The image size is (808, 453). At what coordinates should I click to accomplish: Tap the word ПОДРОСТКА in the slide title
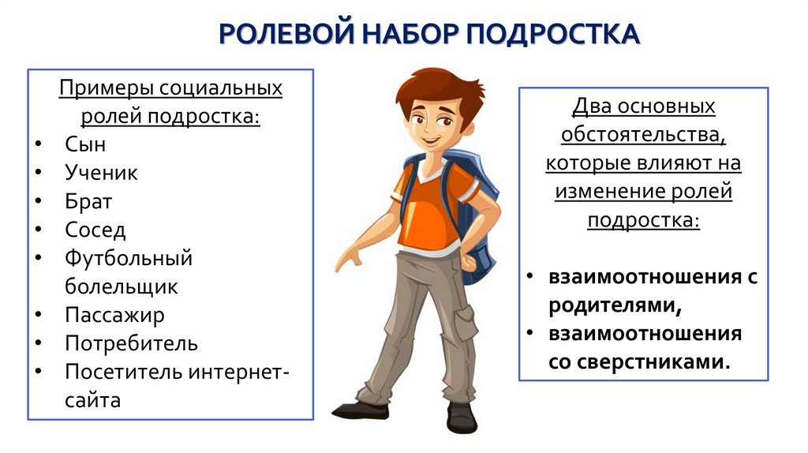point(553,35)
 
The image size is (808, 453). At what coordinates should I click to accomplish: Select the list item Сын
point(85,144)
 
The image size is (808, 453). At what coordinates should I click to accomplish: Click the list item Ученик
point(101,173)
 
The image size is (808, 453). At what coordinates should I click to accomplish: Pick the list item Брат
point(88,201)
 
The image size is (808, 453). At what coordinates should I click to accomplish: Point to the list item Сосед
point(95,230)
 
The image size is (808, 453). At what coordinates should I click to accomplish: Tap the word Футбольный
point(129,258)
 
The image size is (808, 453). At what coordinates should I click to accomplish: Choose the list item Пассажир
point(114,315)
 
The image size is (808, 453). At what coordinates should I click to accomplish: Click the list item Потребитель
point(131,343)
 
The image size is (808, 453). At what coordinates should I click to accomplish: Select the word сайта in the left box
point(93,400)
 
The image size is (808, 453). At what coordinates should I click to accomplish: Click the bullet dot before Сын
point(39,145)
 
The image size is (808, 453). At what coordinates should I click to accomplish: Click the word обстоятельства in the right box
point(643,134)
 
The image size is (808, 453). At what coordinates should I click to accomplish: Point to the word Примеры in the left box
point(104,87)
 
